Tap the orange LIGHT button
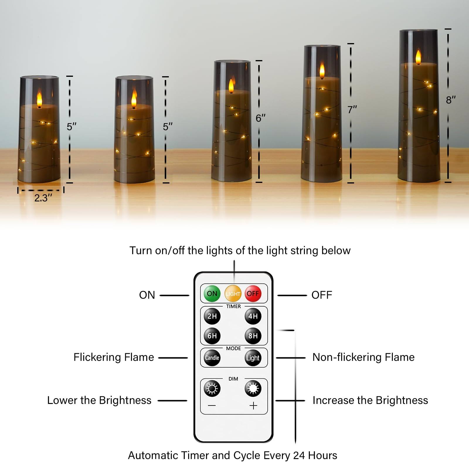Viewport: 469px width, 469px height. point(233,294)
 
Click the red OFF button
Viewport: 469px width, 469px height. point(253,294)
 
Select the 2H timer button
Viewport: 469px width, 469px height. point(212,316)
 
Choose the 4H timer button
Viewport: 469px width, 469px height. point(253,316)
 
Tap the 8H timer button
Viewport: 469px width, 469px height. point(253,336)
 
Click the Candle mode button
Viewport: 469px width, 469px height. point(212,358)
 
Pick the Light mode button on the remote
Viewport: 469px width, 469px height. point(253,358)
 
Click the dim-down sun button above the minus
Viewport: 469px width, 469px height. point(212,389)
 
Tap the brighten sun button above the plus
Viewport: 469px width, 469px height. point(253,389)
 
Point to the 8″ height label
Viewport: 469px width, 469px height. point(451,100)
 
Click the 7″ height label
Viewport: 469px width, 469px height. point(352,110)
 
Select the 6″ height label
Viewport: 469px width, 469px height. point(260,118)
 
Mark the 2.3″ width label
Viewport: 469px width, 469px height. point(43,198)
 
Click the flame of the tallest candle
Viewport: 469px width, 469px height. point(418,57)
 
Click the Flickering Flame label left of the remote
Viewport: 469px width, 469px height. point(114,357)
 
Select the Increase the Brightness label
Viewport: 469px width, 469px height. point(370,400)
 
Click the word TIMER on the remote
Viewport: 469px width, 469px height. point(233,306)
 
